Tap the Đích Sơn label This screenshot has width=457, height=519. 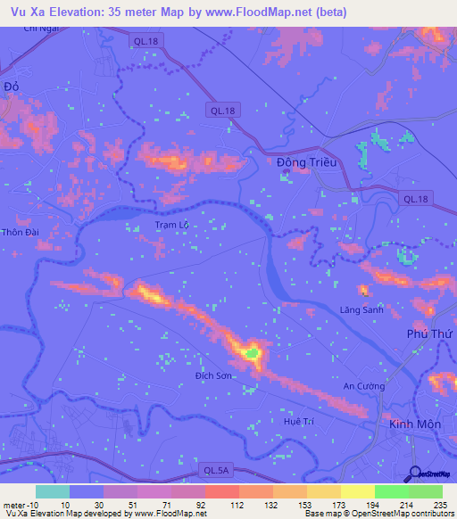tap(214, 377)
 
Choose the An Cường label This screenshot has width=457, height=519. tap(365, 386)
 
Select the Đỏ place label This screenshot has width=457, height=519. tap(12, 86)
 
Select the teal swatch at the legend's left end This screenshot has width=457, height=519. tap(52, 491)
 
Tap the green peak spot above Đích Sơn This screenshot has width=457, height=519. tap(253, 354)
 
